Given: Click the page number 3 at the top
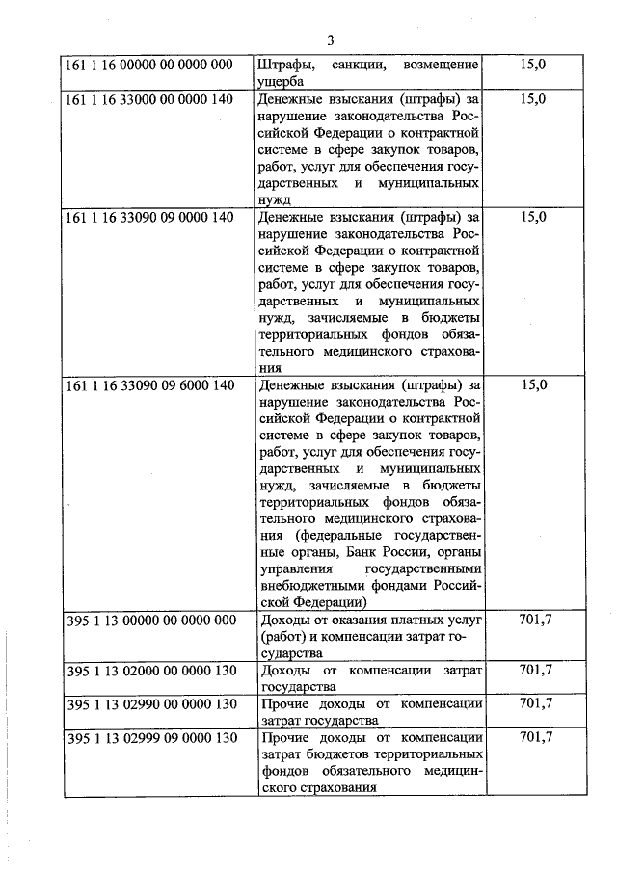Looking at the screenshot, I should [x=330, y=40].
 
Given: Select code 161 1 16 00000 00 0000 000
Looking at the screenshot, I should [x=150, y=65].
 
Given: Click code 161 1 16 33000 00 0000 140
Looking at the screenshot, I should [x=150, y=99].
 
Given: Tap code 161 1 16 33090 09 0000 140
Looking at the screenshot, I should [x=150, y=217].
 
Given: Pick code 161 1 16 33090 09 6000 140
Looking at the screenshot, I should [x=150, y=385].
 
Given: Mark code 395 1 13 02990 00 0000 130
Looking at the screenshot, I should [x=150, y=704].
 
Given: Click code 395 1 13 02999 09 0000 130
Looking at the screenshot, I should [x=150, y=739].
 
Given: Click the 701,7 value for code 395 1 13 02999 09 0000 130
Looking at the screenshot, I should [x=535, y=739].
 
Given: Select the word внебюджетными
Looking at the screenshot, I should [x=308, y=586].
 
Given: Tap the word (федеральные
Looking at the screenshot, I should [x=310, y=536].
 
